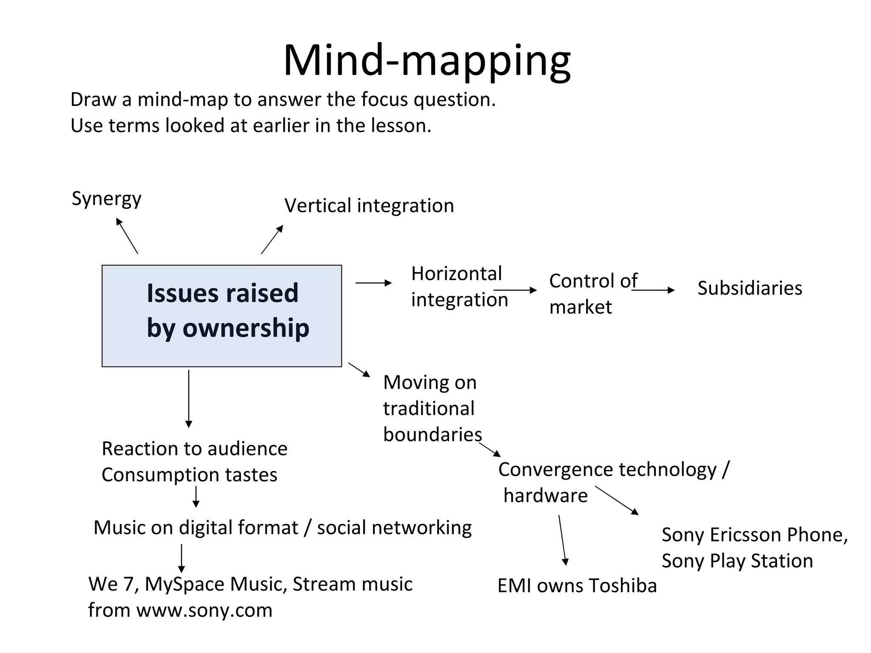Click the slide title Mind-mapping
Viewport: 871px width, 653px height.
pyautogui.click(x=427, y=60)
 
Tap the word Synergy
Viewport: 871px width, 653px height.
pyautogui.click(x=106, y=199)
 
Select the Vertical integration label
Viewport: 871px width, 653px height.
pyautogui.click(x=369, y=206)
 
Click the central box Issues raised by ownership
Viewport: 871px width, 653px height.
pyautogui.click(x=222, y=315)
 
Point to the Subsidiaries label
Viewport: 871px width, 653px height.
pyautogui.click(x=750, y=288)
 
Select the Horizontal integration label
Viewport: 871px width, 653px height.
pyautogui.click(x=458, y=287)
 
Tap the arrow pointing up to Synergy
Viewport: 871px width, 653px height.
pyautogui.click(x=127, y=236)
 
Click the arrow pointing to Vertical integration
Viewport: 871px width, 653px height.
pyautogui.click(x=272, y=239)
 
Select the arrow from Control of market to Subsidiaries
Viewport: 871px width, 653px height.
pyautogui.click(x=653, y=290)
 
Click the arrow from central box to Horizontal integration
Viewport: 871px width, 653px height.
pyautogui.click(x=373, y=283)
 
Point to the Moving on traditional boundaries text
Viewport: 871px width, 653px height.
pyautogui.click(x=432, y=408)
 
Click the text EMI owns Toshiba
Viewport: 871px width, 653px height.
pyautogui.click(x=577, y=586)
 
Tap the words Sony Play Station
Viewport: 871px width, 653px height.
pyautogui.click(x=737, y=561)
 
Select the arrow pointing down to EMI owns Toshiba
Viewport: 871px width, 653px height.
pyautogui.click(x=562, y=540)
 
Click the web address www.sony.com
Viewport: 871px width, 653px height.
pyautogui.click(x=204, y=610)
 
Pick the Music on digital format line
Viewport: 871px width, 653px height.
pyautogui.click(x=282, y=528)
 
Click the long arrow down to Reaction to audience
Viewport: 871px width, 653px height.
pyautogui.click(x=189, y=398)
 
